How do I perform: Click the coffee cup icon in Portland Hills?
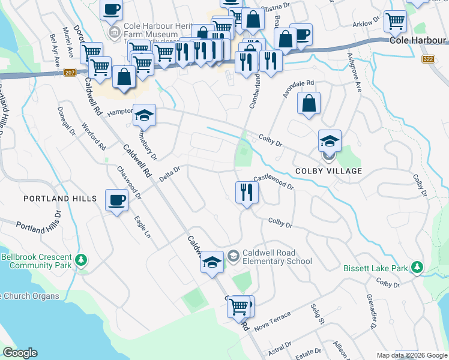(x=116, y=200)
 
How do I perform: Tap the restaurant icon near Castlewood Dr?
(x=247, y=192)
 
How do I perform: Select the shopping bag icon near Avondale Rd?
(x=309, y=103)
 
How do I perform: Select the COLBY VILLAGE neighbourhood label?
(x=328, y=171)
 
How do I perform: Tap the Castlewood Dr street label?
(x=273, y=182)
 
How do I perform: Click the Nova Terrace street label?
(x=272, y=320)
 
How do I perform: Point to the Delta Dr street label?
(x=170, y=174)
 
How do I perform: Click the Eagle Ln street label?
(x=143, y=227)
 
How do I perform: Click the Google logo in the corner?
(x=20, y=353)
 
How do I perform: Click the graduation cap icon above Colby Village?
(x=330, y=141)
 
